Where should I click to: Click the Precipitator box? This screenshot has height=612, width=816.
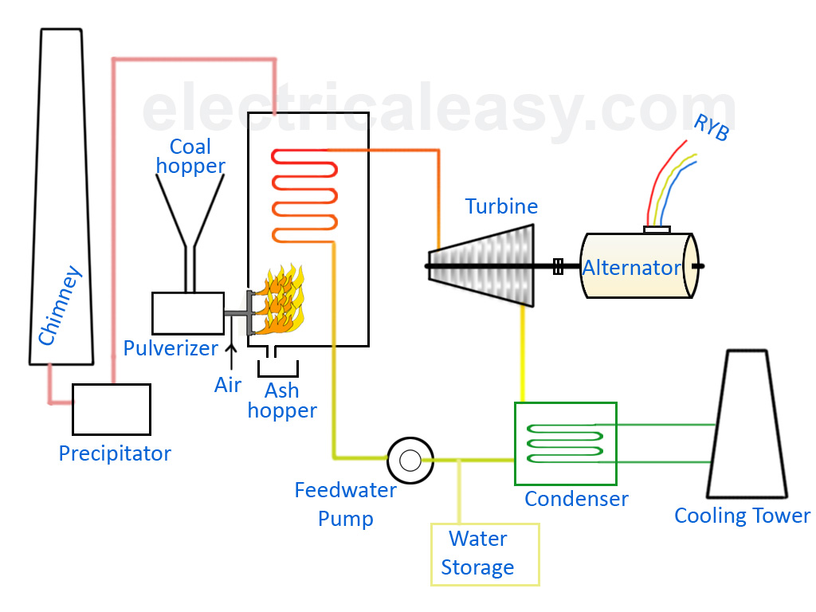click(111, 409)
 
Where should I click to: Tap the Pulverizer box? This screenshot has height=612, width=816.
click(187, 313)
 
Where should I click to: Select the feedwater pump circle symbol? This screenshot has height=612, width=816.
click(410, 460)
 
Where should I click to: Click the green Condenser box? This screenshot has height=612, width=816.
click(565, 443)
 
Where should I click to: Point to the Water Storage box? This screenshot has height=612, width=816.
click(484, 554)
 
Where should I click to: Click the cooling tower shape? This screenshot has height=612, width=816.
click(746, 430)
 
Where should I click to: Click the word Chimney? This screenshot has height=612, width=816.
click(61, 307)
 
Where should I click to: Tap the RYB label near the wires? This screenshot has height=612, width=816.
click(711, 127)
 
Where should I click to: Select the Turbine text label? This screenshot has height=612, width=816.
click(501, 206)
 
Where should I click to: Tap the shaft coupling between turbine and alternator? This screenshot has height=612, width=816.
click(558, 266)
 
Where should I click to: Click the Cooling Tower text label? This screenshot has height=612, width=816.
click(742, 516)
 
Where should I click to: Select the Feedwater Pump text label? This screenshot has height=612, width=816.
click(345, 504)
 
